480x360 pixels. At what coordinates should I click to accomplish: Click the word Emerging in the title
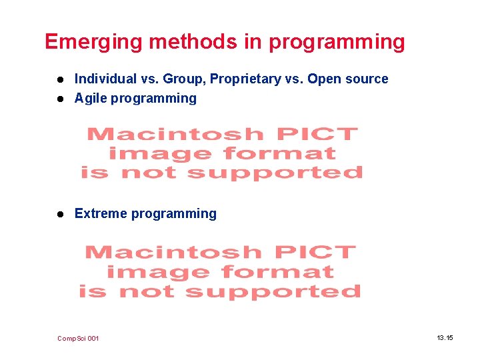(94, 42)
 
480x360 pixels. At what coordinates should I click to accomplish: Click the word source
(367, 79)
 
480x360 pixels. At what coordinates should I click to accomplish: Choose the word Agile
(91, 98)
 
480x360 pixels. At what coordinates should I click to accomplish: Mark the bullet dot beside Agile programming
(60, 99)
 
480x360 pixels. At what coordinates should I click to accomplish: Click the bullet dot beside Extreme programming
(60, 214)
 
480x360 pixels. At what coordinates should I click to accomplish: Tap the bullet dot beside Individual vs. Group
(60, 79)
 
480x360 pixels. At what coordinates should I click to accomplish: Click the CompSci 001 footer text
(78, 339)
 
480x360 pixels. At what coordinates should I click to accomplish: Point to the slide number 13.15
(445, 338)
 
